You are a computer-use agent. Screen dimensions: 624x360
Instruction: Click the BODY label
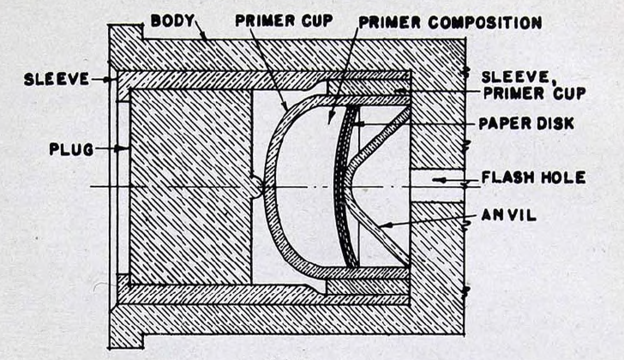pyautogui.click(x=172, y=21)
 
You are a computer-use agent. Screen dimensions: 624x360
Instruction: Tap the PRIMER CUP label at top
pyautogui.click(x=284, y=21)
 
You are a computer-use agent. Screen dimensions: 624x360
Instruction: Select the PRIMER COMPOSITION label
pyautogui.click(x=450, y=22)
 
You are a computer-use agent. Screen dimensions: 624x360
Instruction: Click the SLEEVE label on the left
pyautogui.click(x=57, y=79)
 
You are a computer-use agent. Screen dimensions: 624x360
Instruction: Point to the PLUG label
pyautogui.click(x=71, y=149)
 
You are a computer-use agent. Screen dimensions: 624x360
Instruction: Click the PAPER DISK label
pyautogui.click(x=526, y=123)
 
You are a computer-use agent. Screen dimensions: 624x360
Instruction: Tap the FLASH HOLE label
pyautogui.click(x=533, y=177)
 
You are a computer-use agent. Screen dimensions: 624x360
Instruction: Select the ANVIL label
pyautogui.click(x=508, y=215)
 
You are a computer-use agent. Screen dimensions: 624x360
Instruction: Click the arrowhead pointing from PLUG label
pyautogui.click(x=122, y=149)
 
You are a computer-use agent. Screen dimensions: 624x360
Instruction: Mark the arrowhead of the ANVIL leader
pyautogui.click(x=384, y=225)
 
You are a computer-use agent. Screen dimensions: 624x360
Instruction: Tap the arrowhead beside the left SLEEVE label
pyautogui.click(x=106, y=80)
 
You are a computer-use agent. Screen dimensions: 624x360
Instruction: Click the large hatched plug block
pyautogui.click(x=190, y=187)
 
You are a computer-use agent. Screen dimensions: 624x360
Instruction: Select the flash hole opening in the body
pyautogui.click(x=437, y=186)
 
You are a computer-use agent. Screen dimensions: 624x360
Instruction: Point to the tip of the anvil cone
pyautogui.click(x=345, y=186)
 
